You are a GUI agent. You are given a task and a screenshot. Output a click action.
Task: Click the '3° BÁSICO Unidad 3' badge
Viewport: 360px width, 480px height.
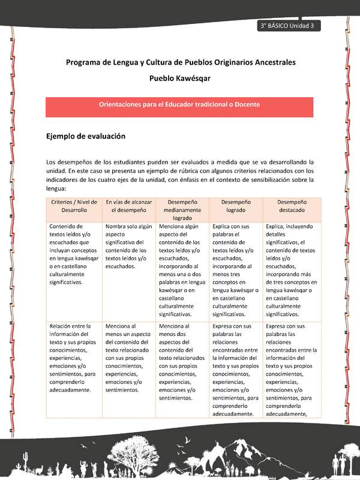pos(287,26)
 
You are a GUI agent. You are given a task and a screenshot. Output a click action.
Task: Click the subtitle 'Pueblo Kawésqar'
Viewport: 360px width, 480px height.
pos(180,78)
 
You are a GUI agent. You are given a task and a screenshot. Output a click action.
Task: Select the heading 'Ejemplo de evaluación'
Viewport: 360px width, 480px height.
pos(86,136)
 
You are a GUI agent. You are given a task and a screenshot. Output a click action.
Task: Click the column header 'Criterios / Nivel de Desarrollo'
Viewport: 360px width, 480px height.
pos(74,206)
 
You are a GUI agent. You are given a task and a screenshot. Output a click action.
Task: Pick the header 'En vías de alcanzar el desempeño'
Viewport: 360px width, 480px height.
pos(128,206)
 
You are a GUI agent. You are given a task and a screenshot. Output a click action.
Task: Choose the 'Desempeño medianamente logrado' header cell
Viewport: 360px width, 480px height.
pos(182,210)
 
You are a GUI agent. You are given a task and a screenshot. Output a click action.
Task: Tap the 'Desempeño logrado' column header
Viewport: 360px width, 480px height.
pos(236,206)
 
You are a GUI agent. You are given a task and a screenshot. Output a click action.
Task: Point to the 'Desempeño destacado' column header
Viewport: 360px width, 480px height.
pos(292,206)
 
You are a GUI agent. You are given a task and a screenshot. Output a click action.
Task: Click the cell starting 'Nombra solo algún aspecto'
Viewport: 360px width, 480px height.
pos(128,246)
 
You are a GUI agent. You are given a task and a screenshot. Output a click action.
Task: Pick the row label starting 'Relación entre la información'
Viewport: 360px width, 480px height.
pos(74,357)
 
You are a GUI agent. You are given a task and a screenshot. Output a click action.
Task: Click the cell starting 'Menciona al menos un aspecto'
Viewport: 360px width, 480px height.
pos(128,357)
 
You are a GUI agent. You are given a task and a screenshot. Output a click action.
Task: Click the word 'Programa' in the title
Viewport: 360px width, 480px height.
pos(83,62)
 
